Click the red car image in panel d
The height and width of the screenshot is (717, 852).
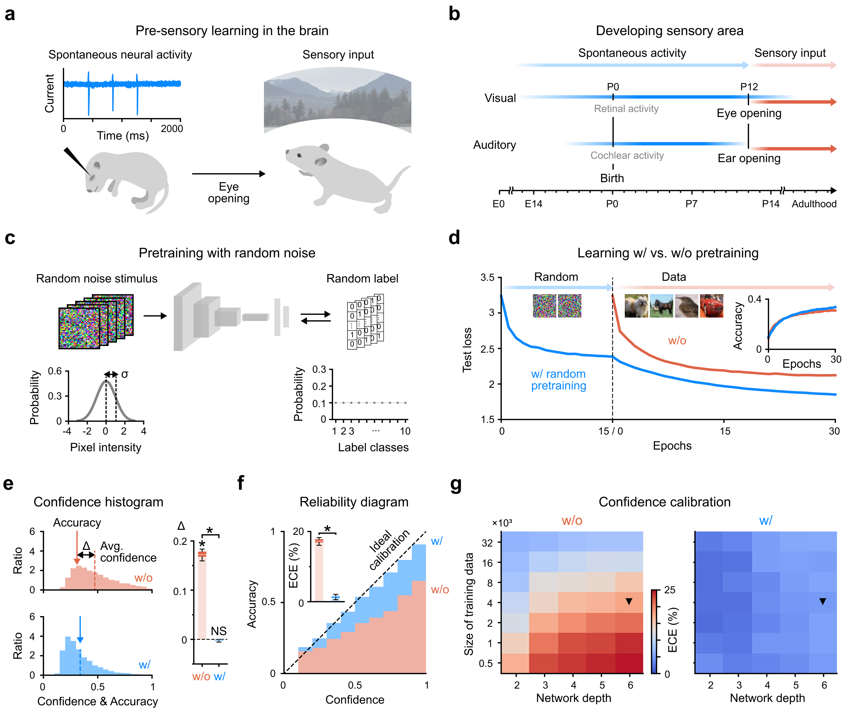[711, 306]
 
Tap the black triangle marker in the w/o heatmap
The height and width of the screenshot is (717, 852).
[628, 601]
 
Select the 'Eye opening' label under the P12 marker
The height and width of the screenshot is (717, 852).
[748, 113]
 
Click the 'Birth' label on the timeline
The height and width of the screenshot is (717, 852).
[612, 178]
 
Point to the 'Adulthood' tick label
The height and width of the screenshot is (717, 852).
[814, 204]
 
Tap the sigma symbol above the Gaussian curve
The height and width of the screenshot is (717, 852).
[125, 374]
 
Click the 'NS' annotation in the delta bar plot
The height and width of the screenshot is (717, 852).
[219, 631]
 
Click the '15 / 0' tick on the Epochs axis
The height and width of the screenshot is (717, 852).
[610, 431]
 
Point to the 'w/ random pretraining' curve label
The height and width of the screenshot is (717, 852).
[558, 380]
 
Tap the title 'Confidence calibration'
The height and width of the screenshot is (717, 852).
[664, 502]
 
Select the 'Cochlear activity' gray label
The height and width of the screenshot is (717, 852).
[626, 155]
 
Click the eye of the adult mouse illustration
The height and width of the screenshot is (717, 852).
[299, 155]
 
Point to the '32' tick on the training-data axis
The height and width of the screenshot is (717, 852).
[487, 543]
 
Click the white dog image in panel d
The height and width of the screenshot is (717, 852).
[636, 306]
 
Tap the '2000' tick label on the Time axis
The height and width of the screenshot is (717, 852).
[171, 128]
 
